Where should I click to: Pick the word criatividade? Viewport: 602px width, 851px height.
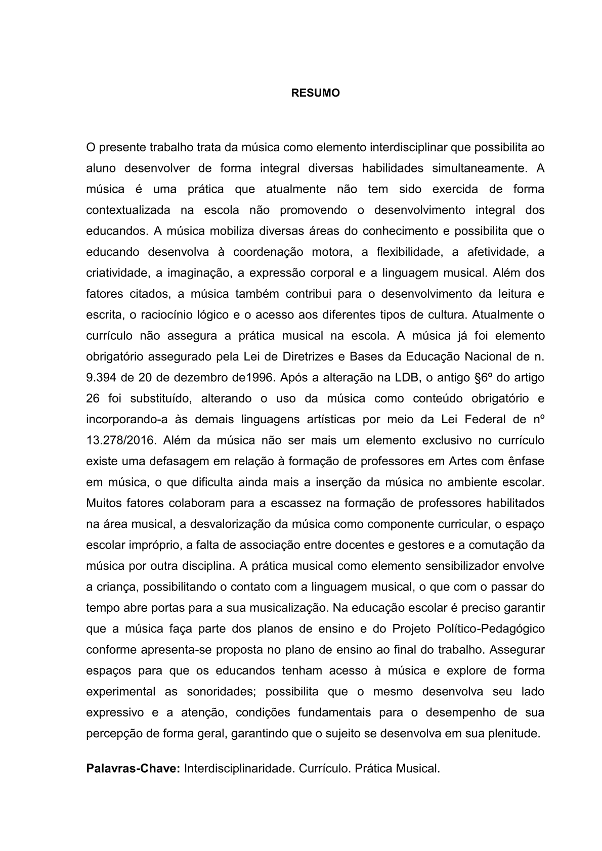118,273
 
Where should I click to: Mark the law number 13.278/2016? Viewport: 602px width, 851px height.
120,440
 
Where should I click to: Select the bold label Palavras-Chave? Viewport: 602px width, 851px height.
133,769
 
